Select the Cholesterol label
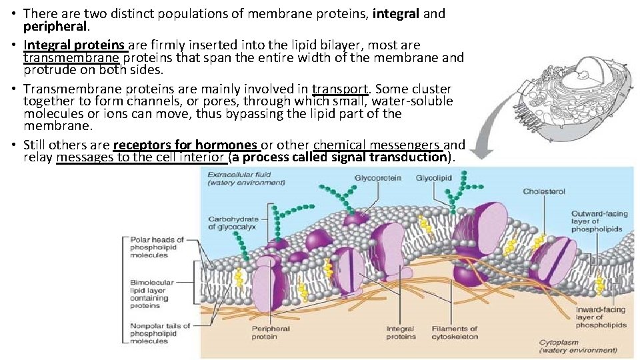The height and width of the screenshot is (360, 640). coord(543,191)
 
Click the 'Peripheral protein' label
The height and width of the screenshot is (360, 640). coord(270,333)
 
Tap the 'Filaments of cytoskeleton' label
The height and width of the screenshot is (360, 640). coord(455,333)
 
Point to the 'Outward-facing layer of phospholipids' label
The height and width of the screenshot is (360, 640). coord(599,221)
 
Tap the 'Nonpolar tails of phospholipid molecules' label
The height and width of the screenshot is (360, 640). coord(159,333)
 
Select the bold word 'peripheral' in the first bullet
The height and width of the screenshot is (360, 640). coord(55,27)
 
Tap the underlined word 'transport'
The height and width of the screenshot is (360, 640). coord(340,89)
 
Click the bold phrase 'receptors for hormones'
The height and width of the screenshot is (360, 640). coord(185,145)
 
